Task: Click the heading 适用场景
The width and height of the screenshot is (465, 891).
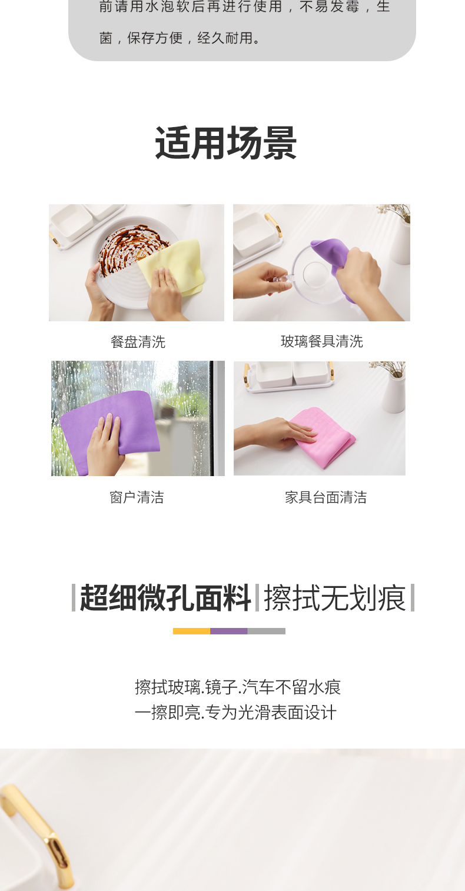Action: [x=226, y=143]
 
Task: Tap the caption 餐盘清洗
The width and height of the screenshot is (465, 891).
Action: [x=138, y=342]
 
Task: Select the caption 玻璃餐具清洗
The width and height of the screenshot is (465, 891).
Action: [x=321, y=341]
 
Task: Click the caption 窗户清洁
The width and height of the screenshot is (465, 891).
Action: [x=137, y=498]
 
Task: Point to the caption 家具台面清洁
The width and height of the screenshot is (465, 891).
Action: [x=325, y=498]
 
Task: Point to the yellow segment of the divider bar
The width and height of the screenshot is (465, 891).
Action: [x=191, y=631]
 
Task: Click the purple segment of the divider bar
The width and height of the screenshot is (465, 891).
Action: [x=229, y=631]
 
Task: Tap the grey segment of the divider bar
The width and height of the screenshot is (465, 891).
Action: [x=266, y=631]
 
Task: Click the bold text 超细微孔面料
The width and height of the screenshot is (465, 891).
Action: [x=165, y=598]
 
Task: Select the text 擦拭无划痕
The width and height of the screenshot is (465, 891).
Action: [x=335, y=598]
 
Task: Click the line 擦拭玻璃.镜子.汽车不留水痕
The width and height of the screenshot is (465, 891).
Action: [x=238, y=687]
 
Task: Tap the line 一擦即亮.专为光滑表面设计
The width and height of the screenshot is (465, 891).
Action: [x=235, y=713]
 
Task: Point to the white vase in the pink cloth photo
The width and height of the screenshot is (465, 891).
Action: [x=393, y=391]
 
